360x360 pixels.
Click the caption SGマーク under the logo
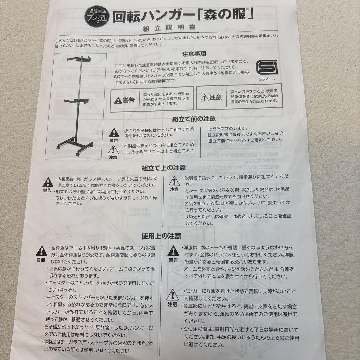(x=267, y=79)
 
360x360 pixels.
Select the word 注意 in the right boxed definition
(x=216, y=97)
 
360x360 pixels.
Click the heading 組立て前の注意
(x=194, y=119)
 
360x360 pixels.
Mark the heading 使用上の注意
(x=161, y=236)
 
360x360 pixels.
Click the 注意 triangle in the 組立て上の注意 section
(x=174, y=181)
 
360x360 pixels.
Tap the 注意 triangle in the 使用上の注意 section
(x=172, y=295)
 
